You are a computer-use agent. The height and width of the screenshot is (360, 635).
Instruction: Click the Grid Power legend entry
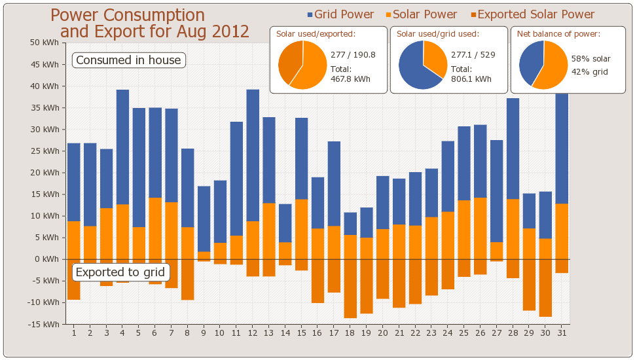tap(340, 14)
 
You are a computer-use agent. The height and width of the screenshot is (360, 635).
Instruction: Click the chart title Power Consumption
tap(128, 16)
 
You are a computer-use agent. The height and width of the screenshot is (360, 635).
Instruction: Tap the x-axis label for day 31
tap(562, 333)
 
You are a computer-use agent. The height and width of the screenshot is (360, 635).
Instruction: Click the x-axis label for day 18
tap(350, 333)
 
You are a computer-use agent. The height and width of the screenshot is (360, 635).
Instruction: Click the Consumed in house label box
tap(128, 60)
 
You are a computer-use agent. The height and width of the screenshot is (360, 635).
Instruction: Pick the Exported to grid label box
tap(120, 272)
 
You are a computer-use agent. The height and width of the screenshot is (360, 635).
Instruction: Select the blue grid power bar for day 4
tap(122, 147)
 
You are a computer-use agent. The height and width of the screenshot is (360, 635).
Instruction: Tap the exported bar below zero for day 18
tap(350, 288)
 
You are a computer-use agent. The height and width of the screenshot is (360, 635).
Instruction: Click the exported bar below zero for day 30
tap(545, 287)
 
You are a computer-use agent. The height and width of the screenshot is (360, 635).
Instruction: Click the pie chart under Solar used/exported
tap(302, 65)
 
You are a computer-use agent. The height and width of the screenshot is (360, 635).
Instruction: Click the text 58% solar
tap(590, 59)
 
